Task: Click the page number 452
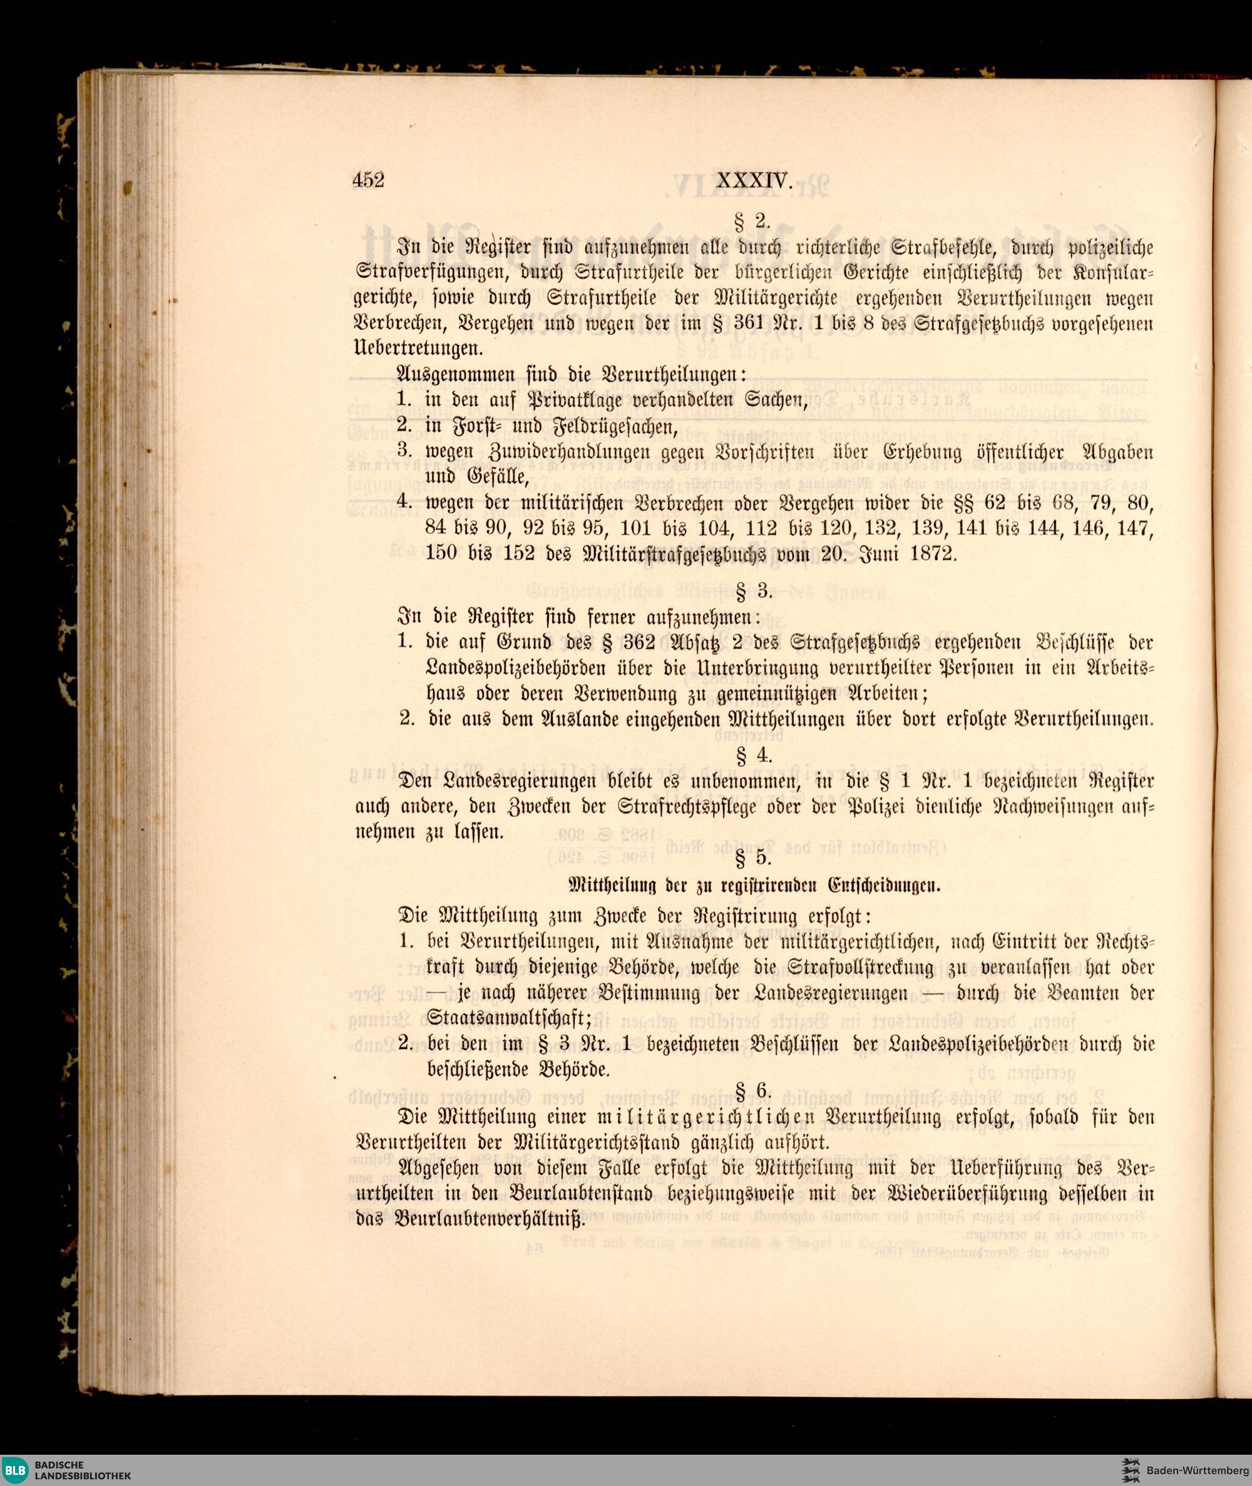click(367, 180)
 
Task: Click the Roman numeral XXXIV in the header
click(753, 182)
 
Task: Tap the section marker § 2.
click(753, 222)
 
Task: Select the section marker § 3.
click(754, 590)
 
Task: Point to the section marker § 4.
click(754, 755)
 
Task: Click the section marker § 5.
click(753, 859)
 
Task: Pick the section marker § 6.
click(753, 1092)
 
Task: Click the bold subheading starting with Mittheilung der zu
click(754, 886)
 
